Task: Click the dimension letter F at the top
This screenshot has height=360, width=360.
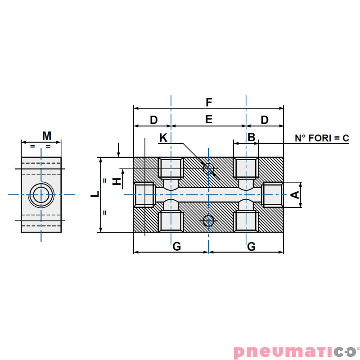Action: [x=208, y=102]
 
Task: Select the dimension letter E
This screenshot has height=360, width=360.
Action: [x=208, y=120]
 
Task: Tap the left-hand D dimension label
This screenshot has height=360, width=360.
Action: [x=153, y=120]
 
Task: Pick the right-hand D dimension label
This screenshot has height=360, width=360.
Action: [x=265, y=120]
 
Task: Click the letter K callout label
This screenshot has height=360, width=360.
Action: [x=163, y=138]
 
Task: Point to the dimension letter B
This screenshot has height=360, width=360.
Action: [x=252, y=137]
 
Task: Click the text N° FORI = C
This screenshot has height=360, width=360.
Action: [x=322, y=138]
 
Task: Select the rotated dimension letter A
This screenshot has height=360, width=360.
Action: [x=295, y=195]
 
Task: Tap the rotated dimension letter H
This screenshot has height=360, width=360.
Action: [x=117, y=181]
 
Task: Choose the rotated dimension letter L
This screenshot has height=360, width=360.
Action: [x=95, y=194]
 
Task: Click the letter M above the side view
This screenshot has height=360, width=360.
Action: [x=47, y=135]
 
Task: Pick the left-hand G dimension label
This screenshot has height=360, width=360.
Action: [x=177, y=246]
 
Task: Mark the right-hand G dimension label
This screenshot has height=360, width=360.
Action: [x=252, y=246]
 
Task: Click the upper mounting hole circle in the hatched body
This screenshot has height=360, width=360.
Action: [x=208, y=169]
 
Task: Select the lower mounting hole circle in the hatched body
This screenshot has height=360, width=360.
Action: [x=208, y=220]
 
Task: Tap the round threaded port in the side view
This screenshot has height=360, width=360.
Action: [x=41, y=195]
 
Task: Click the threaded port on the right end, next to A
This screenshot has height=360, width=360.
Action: [x=272, y=194]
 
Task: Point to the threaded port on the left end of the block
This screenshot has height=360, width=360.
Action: [x=144, y=194]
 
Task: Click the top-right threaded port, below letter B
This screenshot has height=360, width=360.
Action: [x=246, y=168]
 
